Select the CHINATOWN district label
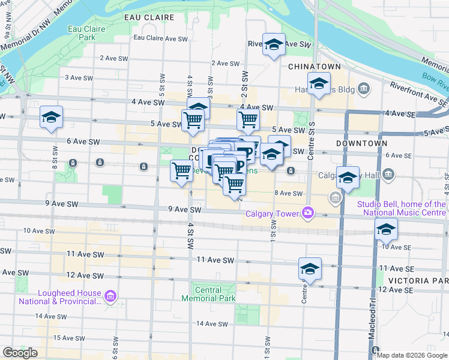coord(315,66)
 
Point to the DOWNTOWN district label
coord(361,144)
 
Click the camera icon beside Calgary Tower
coord(308,212)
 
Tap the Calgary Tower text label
coord(273,215)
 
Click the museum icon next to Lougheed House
coord(110,296)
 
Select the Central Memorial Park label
coord(208,294)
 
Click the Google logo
coord(20,353)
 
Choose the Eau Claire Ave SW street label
coord(161,38)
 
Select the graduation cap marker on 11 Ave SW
coord(310,269)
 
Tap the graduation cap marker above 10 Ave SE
coord(386,229)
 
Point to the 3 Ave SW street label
coord(79,77)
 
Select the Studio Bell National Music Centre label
coord(402,208)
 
